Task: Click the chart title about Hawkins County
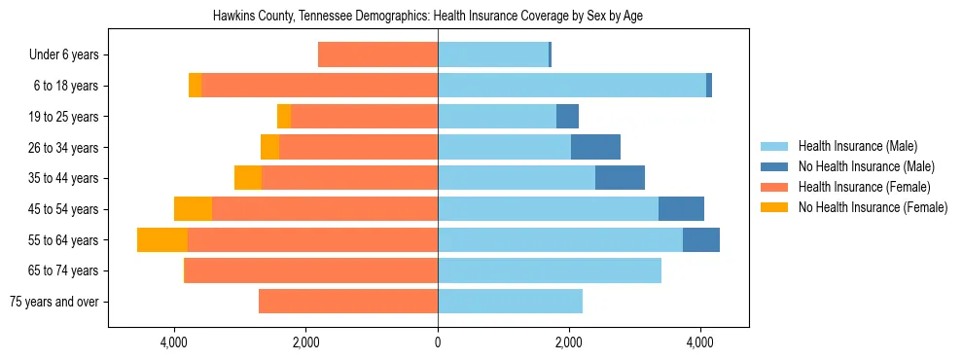tap(428, 17)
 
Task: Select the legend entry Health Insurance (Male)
tap(857, 146)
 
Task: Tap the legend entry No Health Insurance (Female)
tap(873, 207)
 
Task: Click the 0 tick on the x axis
tap(438, 342)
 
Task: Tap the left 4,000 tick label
tap(174, 342)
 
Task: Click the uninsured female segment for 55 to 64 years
tap(162, 240)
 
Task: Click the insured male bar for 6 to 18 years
tap(572, 86)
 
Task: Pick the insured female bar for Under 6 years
tap(377, 55)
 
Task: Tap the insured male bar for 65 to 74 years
tap(550, 270)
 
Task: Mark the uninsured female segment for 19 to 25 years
tap(284, 117)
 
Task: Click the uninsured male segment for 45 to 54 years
tap(681, 209)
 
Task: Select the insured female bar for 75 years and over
tap(348, 302)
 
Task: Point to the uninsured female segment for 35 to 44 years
tap(248, 178)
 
